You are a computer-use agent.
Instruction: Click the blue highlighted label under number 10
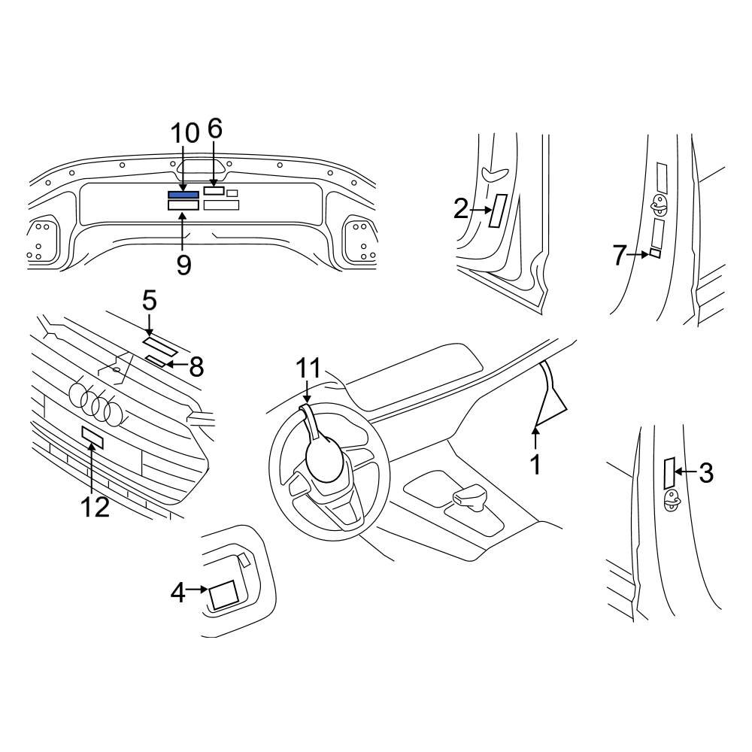[x=183, y=196]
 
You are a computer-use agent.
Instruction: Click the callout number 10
[x=184, y=134]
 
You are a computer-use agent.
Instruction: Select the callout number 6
[x=215, y=129]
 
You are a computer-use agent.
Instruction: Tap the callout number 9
[x=184, y=264]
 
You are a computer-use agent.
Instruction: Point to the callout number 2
[x=461, y=209]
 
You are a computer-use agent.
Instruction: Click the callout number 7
[x=619, y=256]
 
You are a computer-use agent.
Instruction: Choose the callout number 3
[x=705, y=472]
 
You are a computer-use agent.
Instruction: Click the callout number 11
[x=308, y=368]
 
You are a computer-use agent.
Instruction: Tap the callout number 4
[x=177, y=593]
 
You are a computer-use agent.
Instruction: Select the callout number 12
[x=96, y=507]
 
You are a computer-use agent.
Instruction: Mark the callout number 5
[x=150, y=301]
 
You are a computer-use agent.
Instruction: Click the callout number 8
[x=196, y=367]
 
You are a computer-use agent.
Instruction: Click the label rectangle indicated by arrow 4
[x=224, y=596]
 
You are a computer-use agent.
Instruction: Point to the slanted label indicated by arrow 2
[x=497, y=210]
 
